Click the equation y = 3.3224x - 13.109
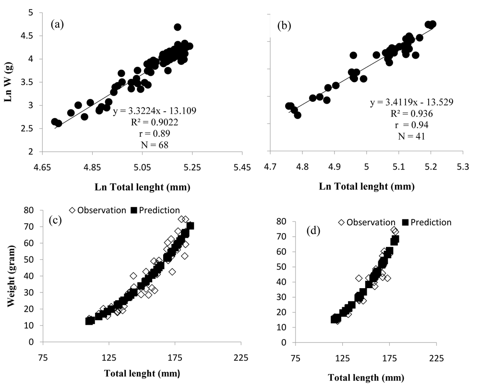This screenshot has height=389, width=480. [155, 111]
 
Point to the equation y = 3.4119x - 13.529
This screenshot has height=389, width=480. [412, 102]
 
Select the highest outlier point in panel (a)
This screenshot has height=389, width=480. [178, 27]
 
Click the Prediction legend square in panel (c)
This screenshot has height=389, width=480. [134, 210]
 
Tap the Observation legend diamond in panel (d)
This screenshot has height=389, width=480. [341, 222]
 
